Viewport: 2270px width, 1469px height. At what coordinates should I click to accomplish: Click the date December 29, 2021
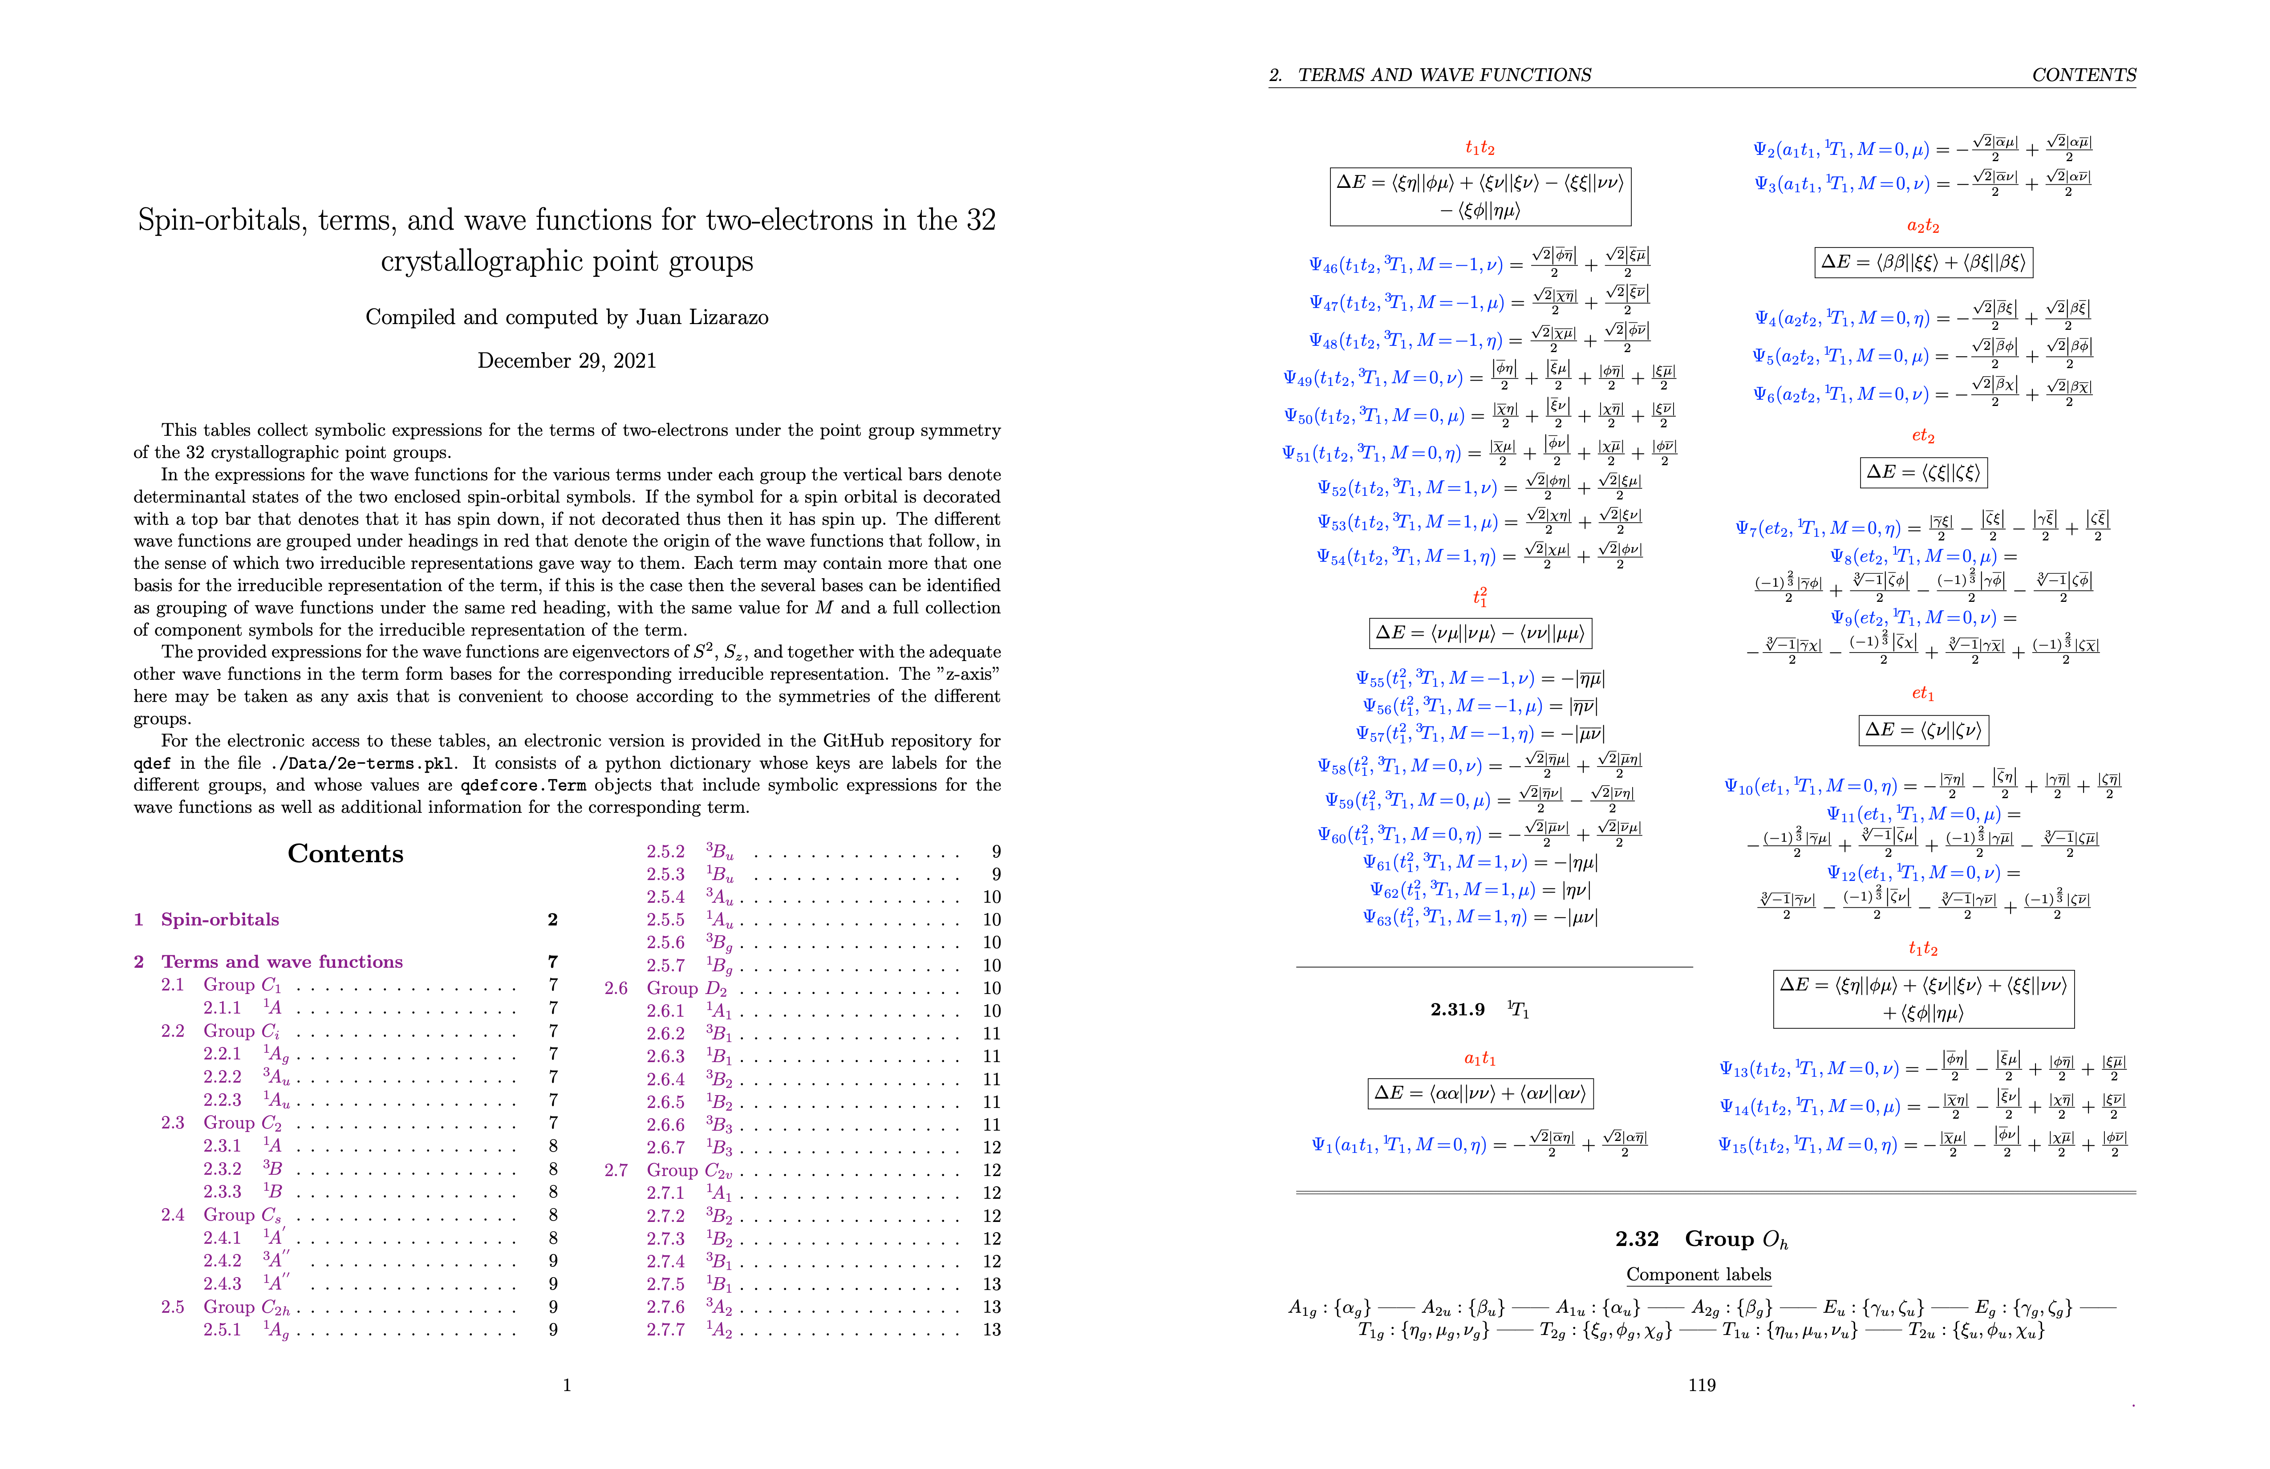click(567, 361)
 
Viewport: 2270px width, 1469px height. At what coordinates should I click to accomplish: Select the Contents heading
click(345, 854)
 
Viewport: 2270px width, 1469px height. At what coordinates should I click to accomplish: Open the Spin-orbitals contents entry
click(219, 920)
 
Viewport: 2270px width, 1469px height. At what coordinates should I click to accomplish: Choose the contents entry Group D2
click(687, 988)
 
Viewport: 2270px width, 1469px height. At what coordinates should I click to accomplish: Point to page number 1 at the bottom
click(567, 1385)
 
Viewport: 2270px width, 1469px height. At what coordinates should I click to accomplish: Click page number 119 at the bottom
click(1702, 1385)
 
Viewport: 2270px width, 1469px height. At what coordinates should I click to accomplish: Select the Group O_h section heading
click(1736, 1239)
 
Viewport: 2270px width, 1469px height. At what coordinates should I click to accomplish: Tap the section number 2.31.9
click(1457, 1009)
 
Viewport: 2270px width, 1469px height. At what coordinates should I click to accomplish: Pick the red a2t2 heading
click(1923, 226)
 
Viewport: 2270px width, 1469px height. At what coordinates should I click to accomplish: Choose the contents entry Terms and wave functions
click(281, 962)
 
